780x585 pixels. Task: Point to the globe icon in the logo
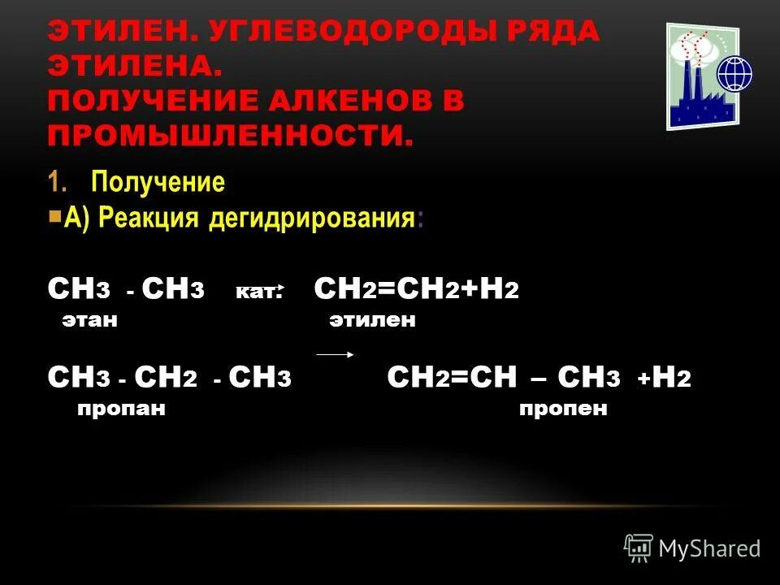point(734,74)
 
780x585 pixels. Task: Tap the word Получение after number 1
point(158,182)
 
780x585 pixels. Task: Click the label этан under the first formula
point(90,321)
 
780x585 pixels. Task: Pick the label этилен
point(372,321)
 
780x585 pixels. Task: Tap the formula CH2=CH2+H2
point(415,289)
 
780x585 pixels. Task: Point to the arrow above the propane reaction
point(334,354)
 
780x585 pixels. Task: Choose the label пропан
point(122,409)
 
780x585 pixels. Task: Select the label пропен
point(563,409)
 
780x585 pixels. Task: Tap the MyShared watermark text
point(709,548)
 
